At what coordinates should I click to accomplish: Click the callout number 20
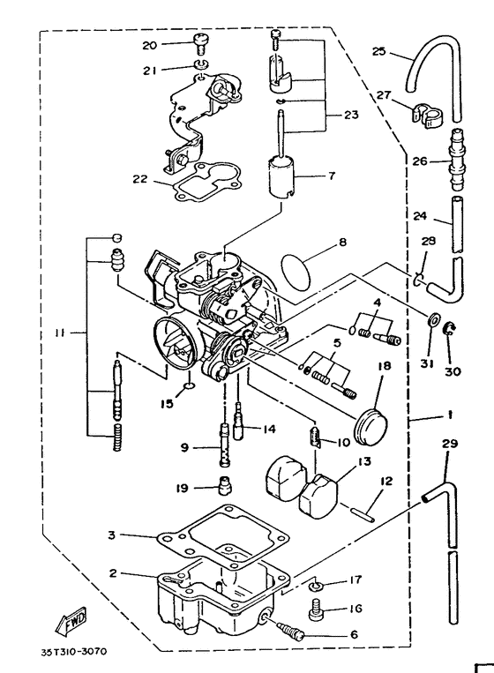point(149,45)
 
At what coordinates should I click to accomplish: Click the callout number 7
point(331,176)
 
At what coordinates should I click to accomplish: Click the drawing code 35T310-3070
point(73,654)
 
